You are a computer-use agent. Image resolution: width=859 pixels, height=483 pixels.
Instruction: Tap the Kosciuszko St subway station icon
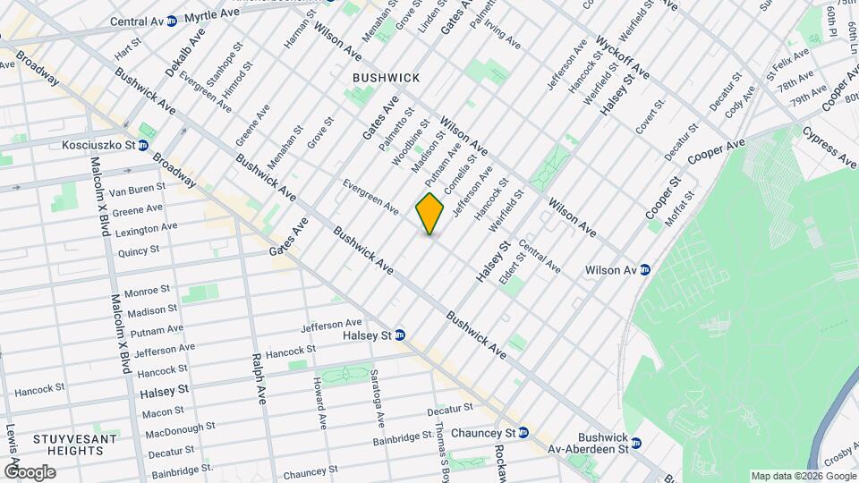(x=142, y=145)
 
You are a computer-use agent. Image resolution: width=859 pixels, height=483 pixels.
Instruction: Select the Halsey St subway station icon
(x=400, y=335)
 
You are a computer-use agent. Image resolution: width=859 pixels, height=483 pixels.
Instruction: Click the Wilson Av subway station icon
(x=644, y=269)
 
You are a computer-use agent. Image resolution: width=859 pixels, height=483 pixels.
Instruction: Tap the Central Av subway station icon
(x=171, y=21)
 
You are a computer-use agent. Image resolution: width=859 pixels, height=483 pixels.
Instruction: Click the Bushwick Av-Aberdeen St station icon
(x=636, y=442)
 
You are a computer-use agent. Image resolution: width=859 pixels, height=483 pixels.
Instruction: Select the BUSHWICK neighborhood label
(x=387, y=79)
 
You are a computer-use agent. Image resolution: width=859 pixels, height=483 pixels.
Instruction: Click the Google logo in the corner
(x=30, y=472)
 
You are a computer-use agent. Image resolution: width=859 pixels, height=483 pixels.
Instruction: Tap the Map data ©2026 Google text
(x=803, y=476)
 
